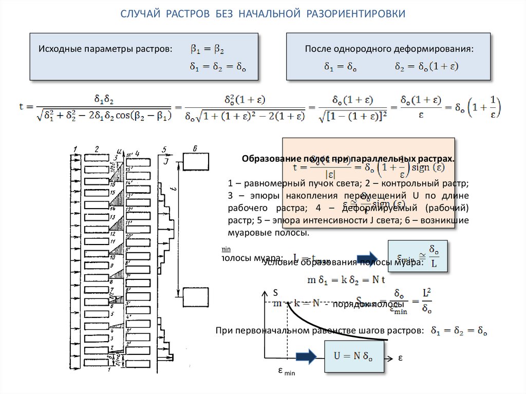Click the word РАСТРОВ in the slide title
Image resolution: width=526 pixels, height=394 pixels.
tap(187, 13)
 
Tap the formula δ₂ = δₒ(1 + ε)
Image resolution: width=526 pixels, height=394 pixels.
tap(426, 67)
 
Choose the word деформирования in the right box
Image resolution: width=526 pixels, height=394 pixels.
tap(437, 50)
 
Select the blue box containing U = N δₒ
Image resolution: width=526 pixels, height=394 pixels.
tap(354, 355)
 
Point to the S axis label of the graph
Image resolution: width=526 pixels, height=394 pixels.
tap(275, 292)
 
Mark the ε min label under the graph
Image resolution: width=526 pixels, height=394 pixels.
tap(287, 370)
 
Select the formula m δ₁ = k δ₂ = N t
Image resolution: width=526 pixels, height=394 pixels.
tap(346, 280)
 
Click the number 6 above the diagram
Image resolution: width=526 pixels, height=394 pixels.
tap(195, 149)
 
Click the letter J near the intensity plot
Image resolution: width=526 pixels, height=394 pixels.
tap(166, 161)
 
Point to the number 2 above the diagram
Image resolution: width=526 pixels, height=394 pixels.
tap(97, 149)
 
